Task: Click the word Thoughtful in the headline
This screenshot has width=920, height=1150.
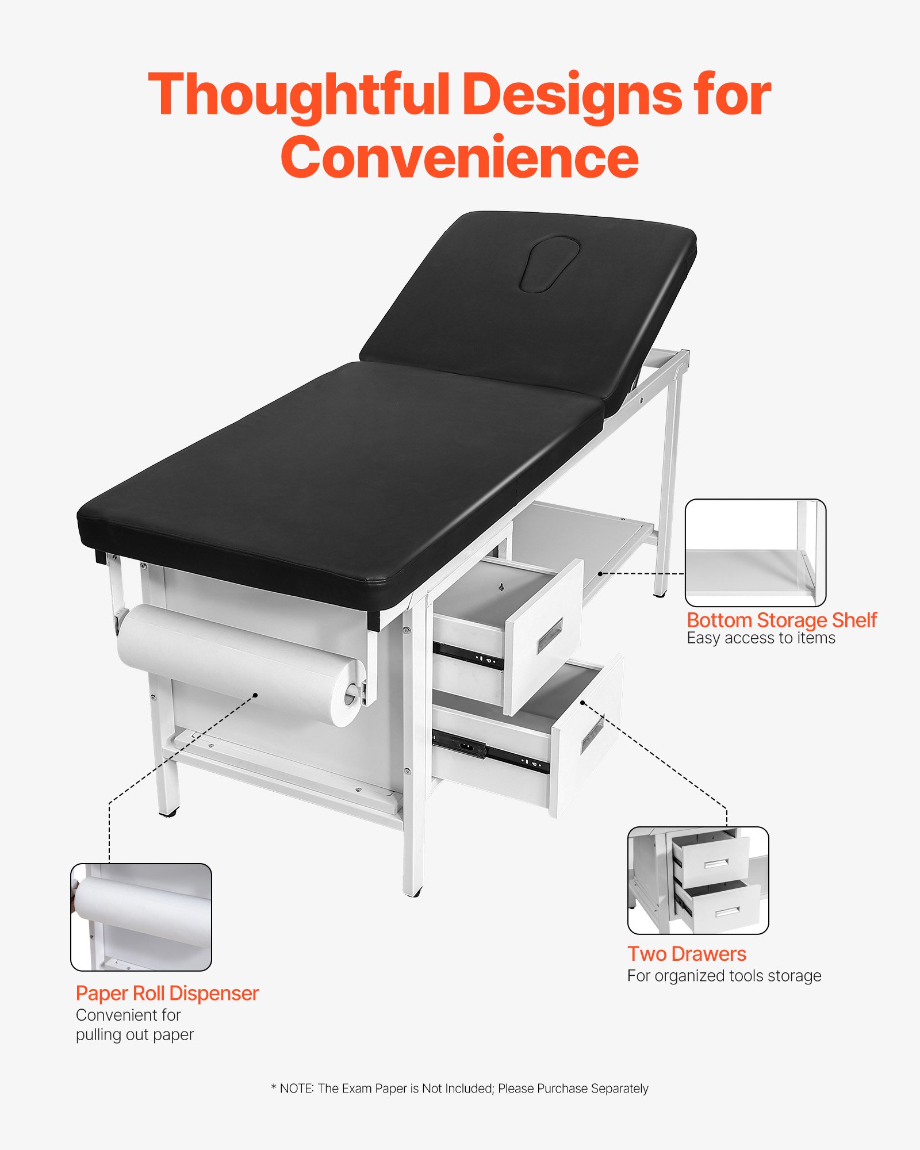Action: [x=299, y=95]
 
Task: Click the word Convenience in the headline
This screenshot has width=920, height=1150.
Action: [x=460, y=157]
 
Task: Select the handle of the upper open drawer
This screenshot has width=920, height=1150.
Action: [x=550, y=636]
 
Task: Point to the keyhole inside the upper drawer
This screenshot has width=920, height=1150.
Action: [x=501, y=587]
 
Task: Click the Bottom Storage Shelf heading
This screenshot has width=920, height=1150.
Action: [x=781, y=620]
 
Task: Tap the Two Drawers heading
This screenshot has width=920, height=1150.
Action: [x=687, y=954]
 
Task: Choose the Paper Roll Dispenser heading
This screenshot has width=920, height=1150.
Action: [x=167, y=993]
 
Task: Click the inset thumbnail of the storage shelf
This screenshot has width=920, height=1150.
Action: [x=755, y=553]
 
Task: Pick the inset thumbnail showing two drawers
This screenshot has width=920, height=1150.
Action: [x=698, y=880]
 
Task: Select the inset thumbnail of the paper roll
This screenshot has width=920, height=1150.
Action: [x=141, y=917]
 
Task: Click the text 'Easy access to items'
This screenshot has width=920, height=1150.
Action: [x=761, y=638]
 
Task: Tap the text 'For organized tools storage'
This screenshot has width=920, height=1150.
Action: [x=724, y=976]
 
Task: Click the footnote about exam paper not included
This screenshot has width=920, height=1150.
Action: [x=460, y=1088]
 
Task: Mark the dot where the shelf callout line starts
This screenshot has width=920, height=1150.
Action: [x=600, y=573]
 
